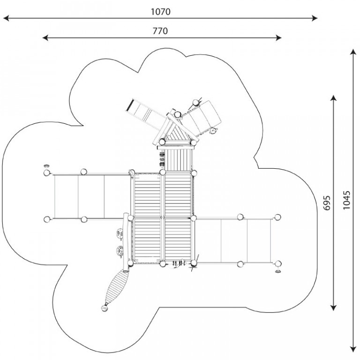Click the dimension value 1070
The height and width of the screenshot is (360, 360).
(x=160, y=12)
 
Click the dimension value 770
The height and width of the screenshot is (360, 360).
(x=160, y=31)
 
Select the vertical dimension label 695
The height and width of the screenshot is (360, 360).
(x=326, y=202)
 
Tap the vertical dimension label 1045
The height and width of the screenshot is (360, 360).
(x=346, y=200)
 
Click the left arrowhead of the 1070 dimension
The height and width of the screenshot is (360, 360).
(x=6, y=18)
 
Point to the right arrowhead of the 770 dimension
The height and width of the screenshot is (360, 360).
(x=278, y=37)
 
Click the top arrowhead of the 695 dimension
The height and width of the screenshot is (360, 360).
(x=333, y=98)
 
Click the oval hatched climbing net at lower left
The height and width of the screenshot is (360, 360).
(x=116, y=287)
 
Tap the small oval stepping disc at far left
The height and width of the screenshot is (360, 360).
(x=46, y=166)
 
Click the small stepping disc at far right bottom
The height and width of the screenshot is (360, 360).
(x=278, y=271)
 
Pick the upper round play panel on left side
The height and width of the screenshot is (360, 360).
(x=120, y=233)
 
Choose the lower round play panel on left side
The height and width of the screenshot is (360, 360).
(x=120, y=251)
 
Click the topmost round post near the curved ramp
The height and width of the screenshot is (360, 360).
(x=195, y=102)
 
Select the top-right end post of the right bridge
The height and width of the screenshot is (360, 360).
(x=277, y=217)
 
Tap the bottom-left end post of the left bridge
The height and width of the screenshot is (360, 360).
(x=47, y=219)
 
